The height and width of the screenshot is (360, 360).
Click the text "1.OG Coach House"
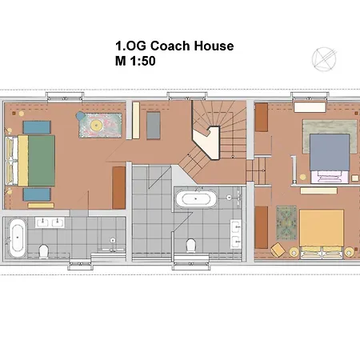coord(174,46)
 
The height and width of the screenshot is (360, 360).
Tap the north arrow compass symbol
coord(325,58)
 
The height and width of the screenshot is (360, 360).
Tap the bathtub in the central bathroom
coord(195,199)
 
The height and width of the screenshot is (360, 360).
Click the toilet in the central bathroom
coord(190,245)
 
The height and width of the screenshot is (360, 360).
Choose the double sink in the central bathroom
coord(237,230)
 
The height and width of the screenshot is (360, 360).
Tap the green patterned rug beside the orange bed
coord(286,221)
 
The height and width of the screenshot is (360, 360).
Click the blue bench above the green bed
coord(34,126)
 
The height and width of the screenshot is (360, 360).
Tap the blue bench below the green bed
coord(34,194)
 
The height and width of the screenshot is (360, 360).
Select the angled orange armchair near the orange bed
coord(278,249)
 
